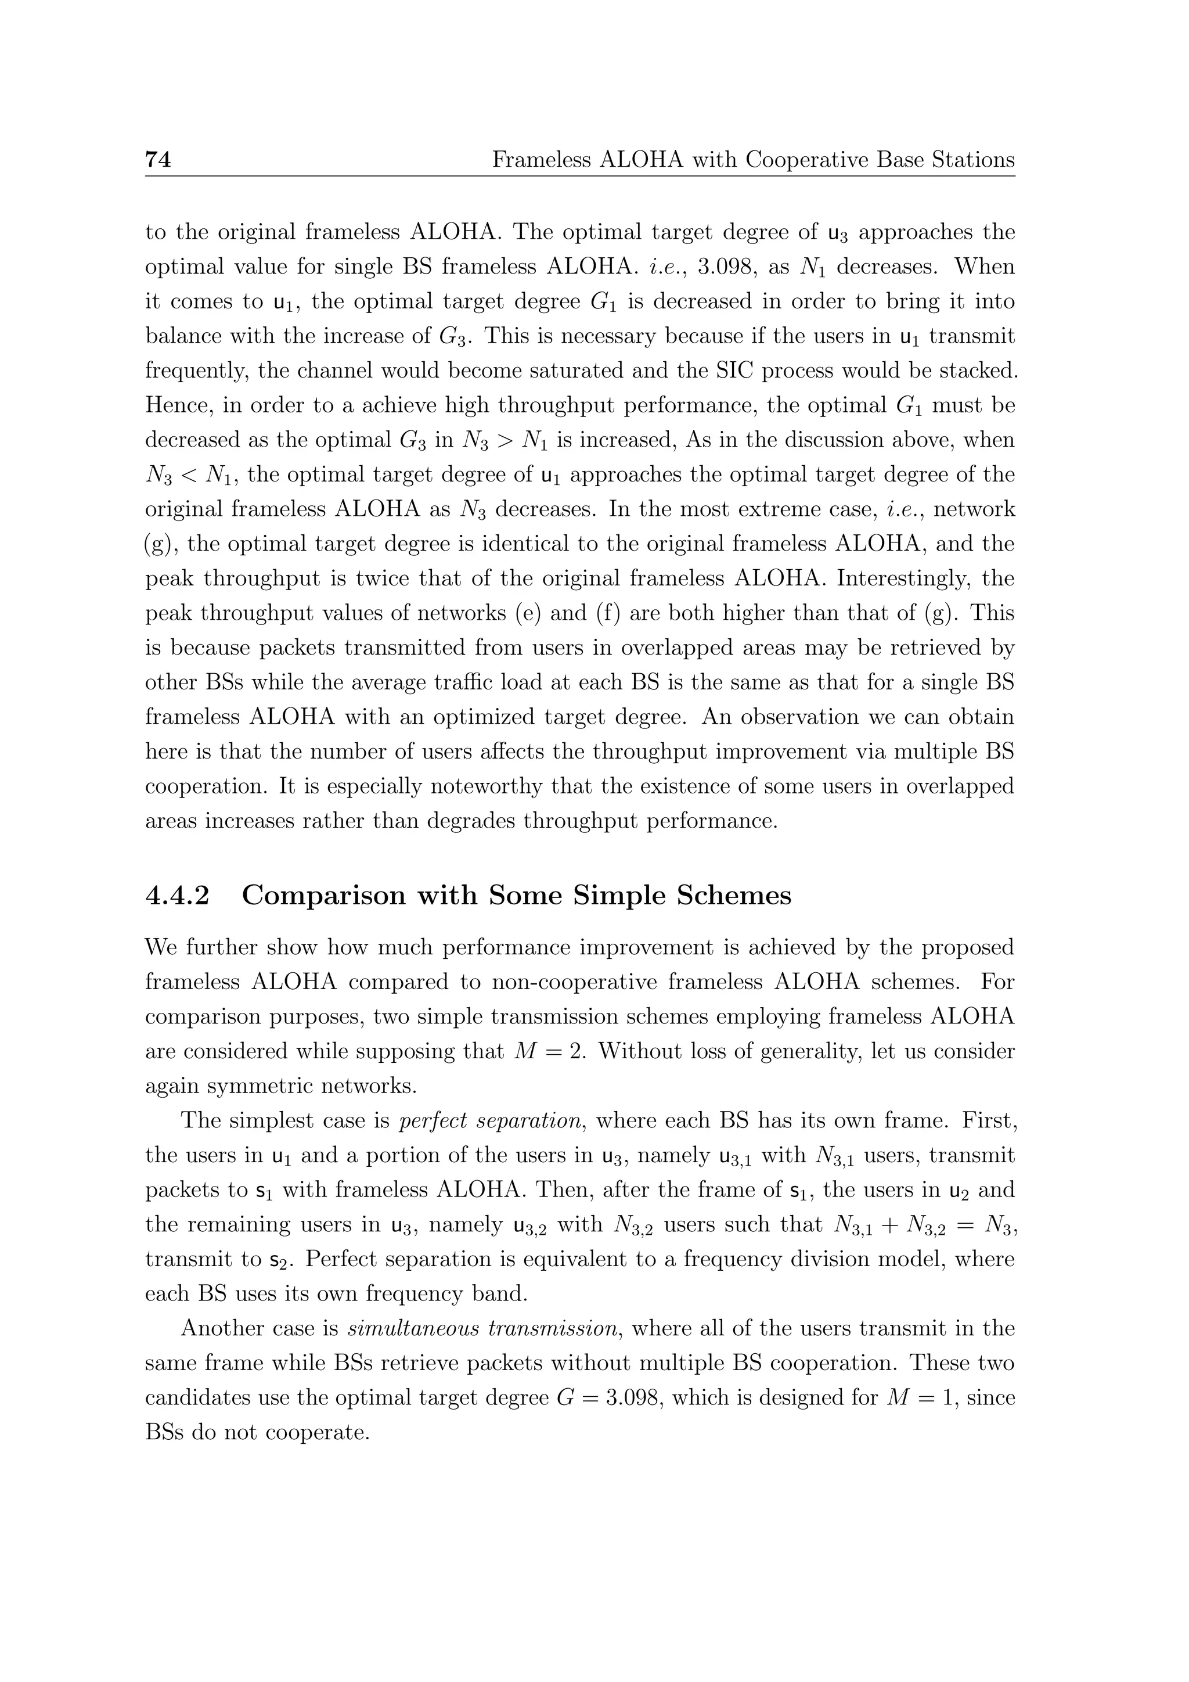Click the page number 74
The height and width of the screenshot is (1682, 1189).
(158, 159)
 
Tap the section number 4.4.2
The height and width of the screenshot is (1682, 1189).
(177, 895)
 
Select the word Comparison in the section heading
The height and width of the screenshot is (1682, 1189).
(323, 895)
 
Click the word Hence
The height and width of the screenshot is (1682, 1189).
(173, 405)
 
